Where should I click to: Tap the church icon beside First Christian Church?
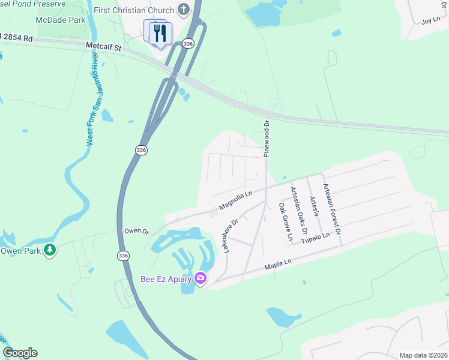[x=184, y=10]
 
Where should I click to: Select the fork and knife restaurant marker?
[x=160, y=34]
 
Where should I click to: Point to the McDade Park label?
[x=61, y=20]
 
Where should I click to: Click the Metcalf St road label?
[x=104, y=46]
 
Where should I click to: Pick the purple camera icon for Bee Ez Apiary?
[x=200, y=278]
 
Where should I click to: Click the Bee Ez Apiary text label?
[x=165, y=278]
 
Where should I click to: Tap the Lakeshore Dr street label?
[x=231, y=235]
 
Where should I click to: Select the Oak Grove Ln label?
[x=285, y=221]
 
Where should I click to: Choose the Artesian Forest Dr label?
[x=331, y=209]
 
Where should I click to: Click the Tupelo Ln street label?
[x=316, y=237]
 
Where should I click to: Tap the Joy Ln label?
[x=431, y=20]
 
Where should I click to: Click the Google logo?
[x=20, y=353]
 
